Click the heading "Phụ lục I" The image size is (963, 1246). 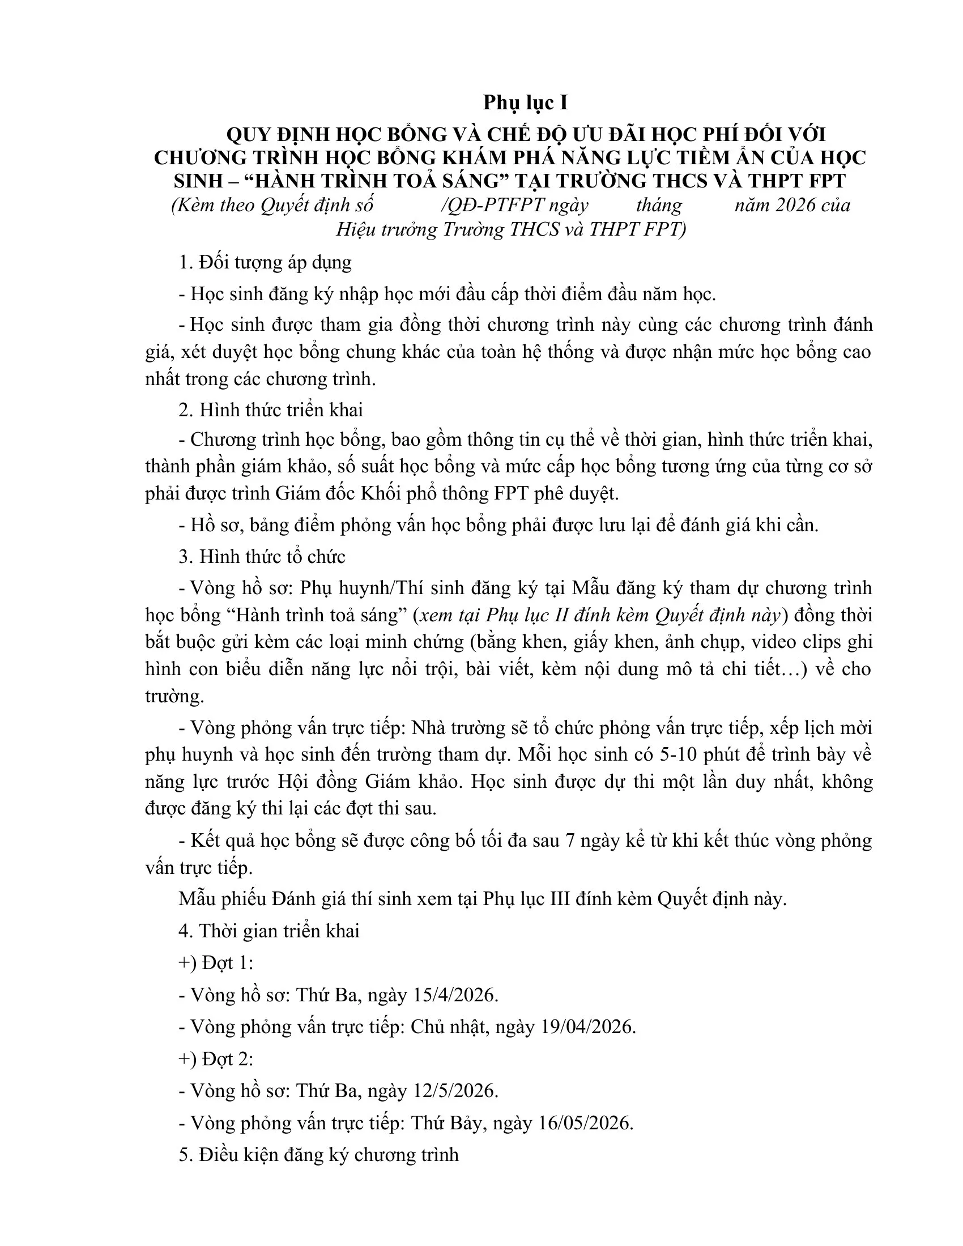point(526,103)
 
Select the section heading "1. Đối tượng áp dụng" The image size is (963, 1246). point(265,262)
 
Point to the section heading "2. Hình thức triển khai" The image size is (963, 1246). point(270,409)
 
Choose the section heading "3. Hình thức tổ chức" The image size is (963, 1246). point(262,556)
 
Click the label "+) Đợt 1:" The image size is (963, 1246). point(216,963)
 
